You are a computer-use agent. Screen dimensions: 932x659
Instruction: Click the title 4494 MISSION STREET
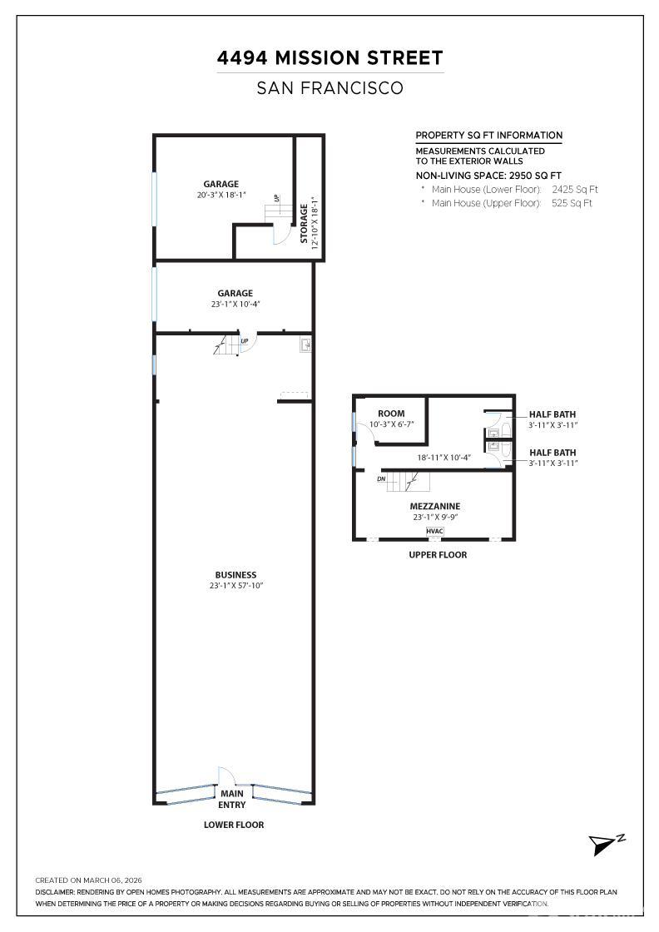click(x=329, y=58)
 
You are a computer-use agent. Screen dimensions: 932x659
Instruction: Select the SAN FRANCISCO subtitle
click(x=329, y=87)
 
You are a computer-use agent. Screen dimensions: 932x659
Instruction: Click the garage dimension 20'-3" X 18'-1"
click(x=221, y=196)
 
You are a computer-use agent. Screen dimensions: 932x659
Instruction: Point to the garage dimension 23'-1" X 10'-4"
click(x=235, y=305)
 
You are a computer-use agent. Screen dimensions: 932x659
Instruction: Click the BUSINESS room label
click(x=235, y=575)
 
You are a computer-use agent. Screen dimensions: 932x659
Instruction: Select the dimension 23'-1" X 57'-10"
click(x=235, y=586)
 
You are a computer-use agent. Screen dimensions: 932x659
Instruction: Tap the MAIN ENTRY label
click(x=232, y=800)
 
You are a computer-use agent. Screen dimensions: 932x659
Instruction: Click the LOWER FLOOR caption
click(x=234, y=825)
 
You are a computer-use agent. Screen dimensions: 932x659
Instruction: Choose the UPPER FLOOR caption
click(x=437, y=554)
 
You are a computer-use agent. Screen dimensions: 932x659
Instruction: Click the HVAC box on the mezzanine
click(x=434, y=531)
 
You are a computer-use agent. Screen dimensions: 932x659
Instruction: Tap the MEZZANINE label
click(x=434, y=506)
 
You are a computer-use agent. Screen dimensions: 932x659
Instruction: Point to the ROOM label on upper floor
click(x=391, y=414)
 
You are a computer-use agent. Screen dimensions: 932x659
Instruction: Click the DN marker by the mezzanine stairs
click(x=381, y=478)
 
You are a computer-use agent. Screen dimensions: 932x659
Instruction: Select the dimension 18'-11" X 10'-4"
click(x=443, y=457)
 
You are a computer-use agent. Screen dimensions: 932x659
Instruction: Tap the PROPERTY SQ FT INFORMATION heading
click(x=488, y=136)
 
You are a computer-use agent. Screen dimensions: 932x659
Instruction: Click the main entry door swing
click(x=226, y=776)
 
